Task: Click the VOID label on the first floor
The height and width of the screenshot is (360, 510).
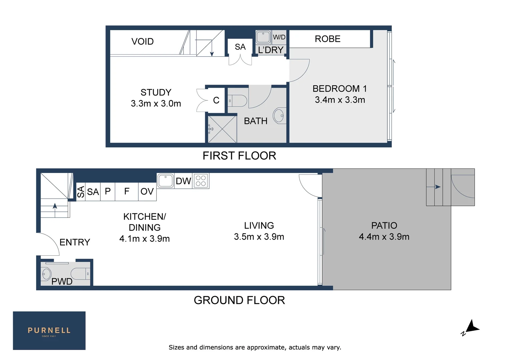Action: pos(142,42)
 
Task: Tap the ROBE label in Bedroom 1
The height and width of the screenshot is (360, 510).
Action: pos(328,39)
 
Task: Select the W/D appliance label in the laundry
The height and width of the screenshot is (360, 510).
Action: pos(279,37)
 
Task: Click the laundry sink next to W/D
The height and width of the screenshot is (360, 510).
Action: pos(263,37)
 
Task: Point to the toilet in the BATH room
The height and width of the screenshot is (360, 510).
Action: pos(237,101)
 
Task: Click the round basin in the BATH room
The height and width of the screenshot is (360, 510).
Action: pos(279,116)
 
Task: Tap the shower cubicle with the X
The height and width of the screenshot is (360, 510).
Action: pos(222,129)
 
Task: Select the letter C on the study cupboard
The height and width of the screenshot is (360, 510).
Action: pos(216,100)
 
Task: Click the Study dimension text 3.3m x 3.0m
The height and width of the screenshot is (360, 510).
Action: pos(156,104)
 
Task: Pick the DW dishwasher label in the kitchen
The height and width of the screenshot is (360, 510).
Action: pos(183,181)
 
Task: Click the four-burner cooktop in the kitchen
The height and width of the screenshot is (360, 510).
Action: pos(201,181)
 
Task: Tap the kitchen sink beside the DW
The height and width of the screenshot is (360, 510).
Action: pos(165,181)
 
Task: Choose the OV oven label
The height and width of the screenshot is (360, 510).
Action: pos(147,191)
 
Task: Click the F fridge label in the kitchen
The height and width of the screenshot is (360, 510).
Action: pos(127,191)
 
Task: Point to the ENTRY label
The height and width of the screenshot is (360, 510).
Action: pos(75,242)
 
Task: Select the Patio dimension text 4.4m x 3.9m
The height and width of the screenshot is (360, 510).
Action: pos(384,237)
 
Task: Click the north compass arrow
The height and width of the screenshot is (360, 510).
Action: pos(473,327)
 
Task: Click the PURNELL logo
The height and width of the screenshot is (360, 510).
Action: pos(49,331)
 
